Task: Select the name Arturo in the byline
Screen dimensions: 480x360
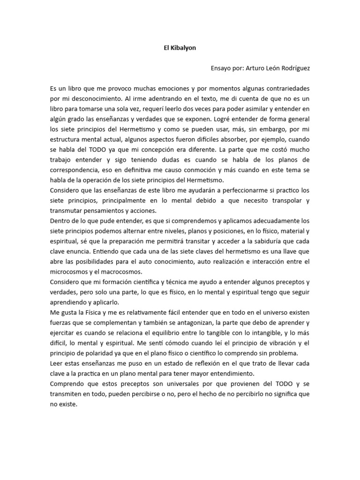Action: pos(258,68)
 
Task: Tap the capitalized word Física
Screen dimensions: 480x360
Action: pos(93,312)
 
